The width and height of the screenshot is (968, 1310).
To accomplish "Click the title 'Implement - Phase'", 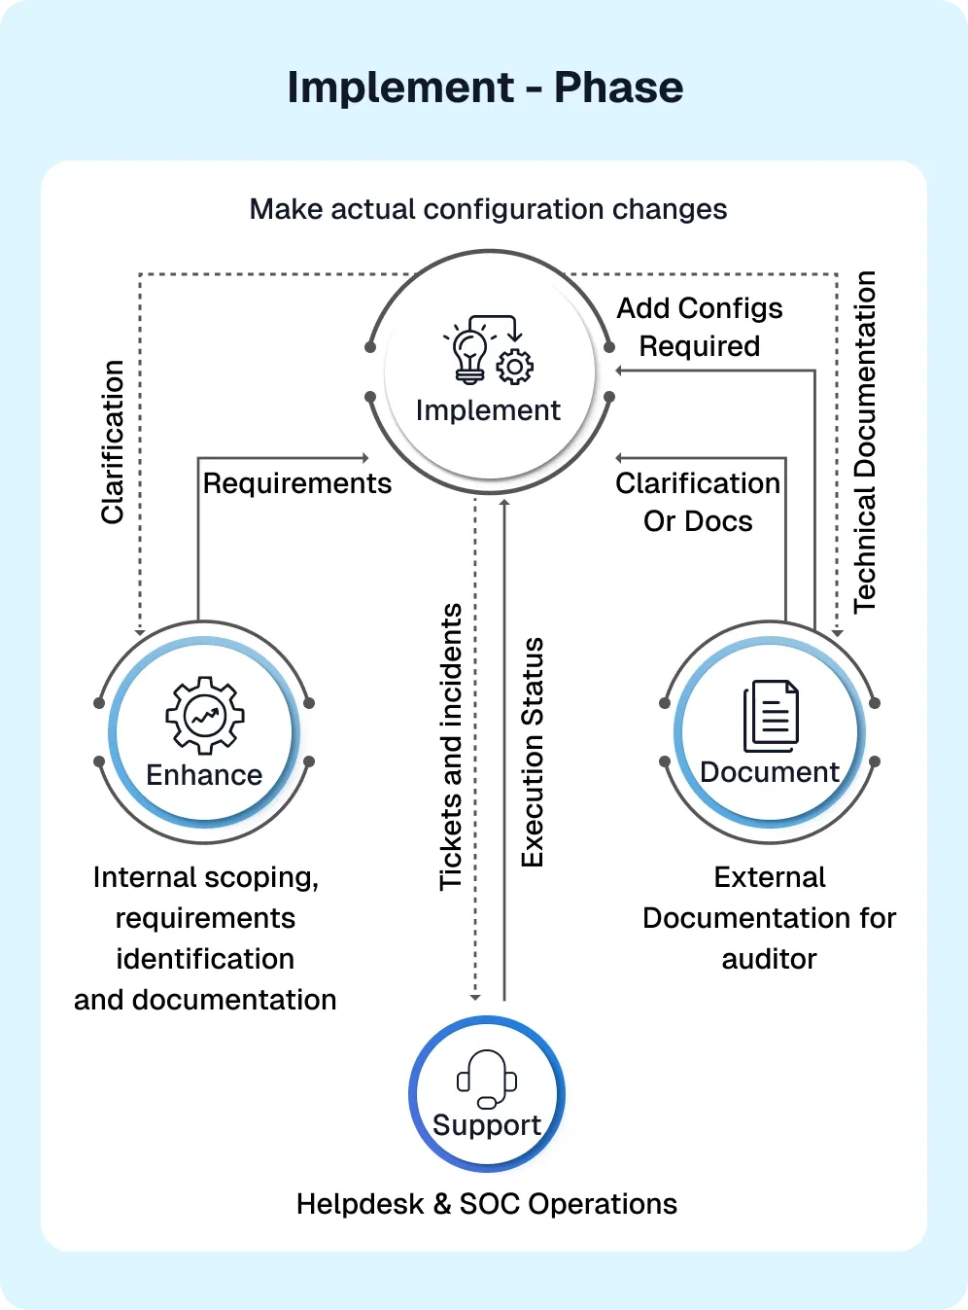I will tap(485, 88).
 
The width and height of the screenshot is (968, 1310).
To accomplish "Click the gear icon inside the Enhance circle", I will tap(204, 716).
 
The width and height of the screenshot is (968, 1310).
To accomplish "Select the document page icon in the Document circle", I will tap(772, 716).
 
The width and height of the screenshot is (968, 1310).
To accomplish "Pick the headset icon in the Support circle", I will tap(487, 1079).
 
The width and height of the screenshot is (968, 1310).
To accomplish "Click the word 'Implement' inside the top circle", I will tap(488, 410).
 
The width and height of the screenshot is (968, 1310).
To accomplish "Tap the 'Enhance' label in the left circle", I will tap(204, 775).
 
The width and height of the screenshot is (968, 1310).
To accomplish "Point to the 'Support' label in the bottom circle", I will tap(487, 1125).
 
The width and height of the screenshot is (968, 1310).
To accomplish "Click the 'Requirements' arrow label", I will tap(297, 483).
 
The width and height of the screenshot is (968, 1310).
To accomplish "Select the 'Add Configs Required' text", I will tap(700, 327).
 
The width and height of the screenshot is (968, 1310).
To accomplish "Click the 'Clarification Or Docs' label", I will tap(698, 502).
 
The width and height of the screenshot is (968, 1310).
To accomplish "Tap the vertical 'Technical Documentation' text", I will tap(865, 442).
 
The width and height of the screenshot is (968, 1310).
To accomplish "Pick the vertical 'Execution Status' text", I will tap(533, 752).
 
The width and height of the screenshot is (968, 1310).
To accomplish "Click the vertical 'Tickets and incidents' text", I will tap(451, 746).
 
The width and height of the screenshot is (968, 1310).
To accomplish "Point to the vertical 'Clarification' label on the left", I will tap(113, 443).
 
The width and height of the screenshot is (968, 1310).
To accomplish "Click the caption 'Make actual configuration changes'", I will tap(488, 209).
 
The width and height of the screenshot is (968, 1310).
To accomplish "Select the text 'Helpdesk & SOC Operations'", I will tap(487, 1204).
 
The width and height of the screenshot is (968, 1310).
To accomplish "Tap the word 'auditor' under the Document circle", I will tap(769, 959).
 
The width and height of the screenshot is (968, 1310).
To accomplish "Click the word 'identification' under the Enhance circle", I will tap(205, 959).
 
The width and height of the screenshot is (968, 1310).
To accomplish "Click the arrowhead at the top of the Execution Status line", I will tap(504, 503).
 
